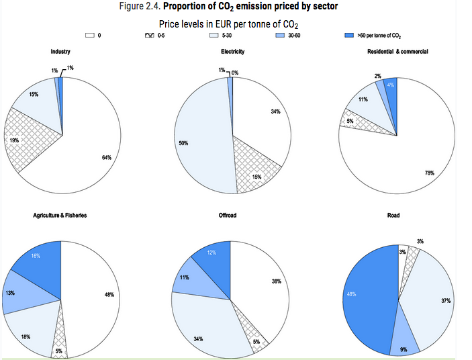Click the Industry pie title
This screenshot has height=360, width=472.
tap(61, 52)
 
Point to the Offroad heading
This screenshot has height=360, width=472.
tap(228, 216)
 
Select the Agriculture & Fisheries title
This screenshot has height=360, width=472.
tap(60, 216)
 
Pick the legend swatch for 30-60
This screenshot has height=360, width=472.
tap(283, 34)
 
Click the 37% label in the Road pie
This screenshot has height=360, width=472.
tap(446, 300)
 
